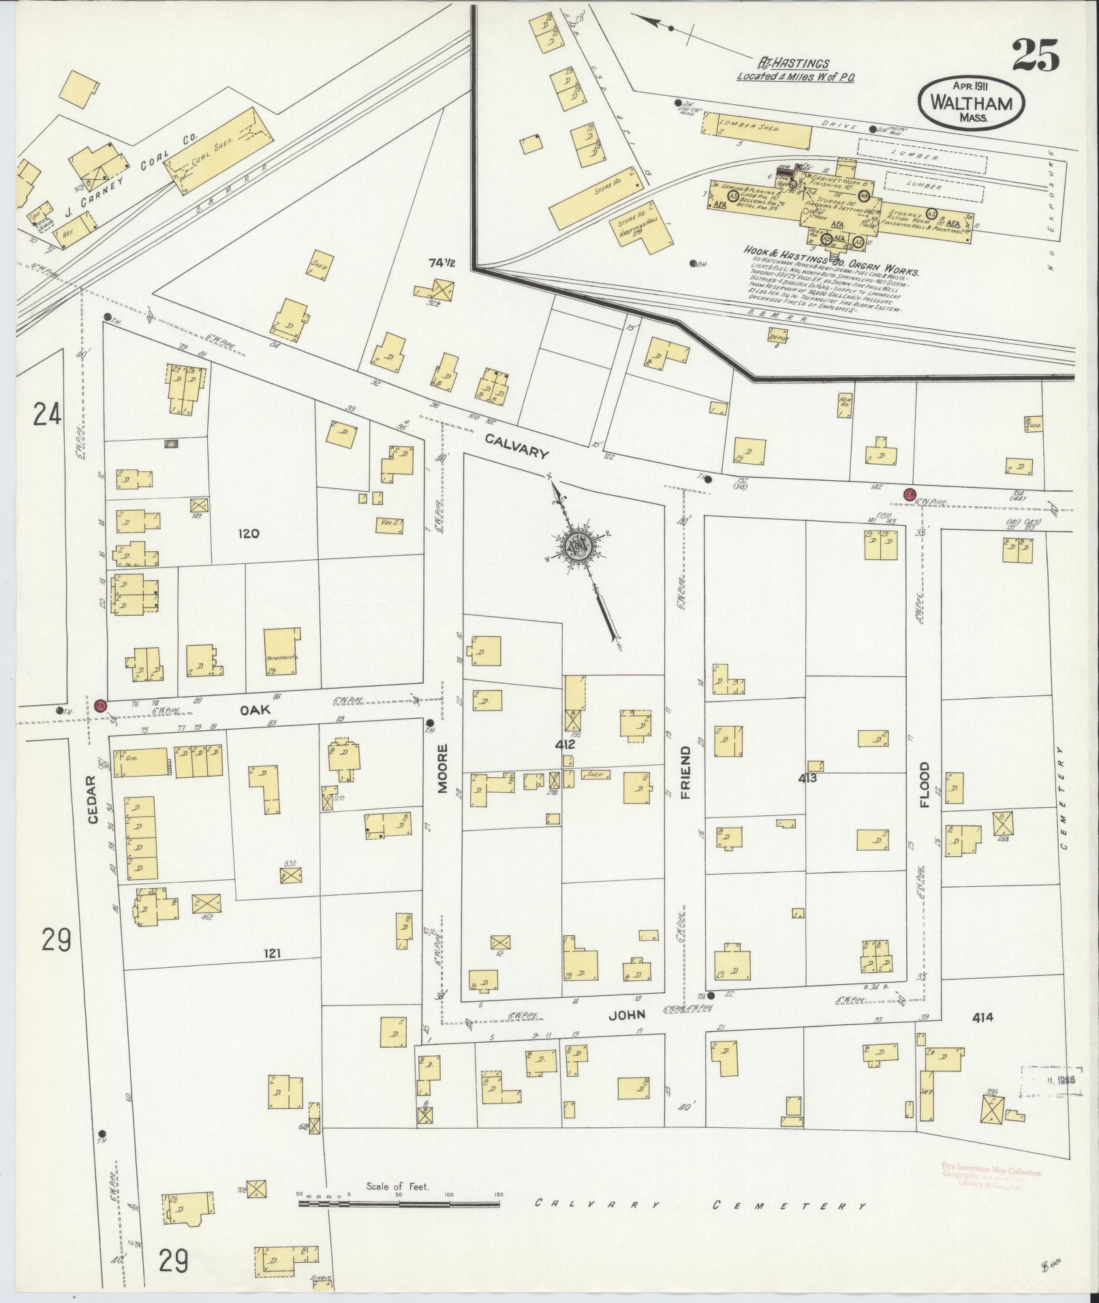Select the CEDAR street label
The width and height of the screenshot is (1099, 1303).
(x=93, y=800)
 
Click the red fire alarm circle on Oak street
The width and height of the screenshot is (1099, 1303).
(x=101, y=705)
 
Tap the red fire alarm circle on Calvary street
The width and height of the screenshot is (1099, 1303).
(x=908, y=494)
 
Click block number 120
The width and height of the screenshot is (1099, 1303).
(x=249, y=534)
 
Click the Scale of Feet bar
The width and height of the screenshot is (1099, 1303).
(x=399, y=1204)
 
